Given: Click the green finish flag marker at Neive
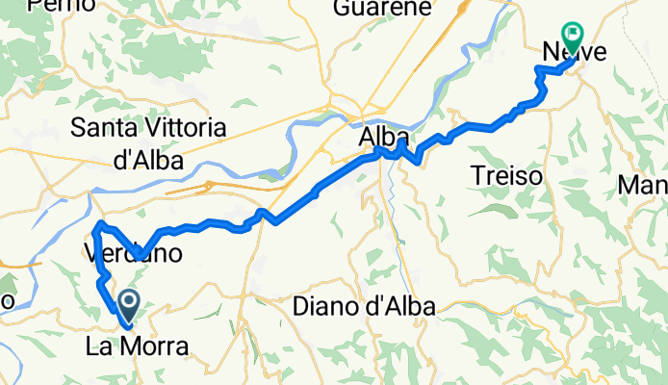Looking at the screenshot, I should (x=574, y=38).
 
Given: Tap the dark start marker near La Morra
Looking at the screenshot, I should (x=128, y=306).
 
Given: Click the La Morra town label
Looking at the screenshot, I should (x=135, y=346).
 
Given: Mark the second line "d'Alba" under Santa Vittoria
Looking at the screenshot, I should (x=148, y=161).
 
